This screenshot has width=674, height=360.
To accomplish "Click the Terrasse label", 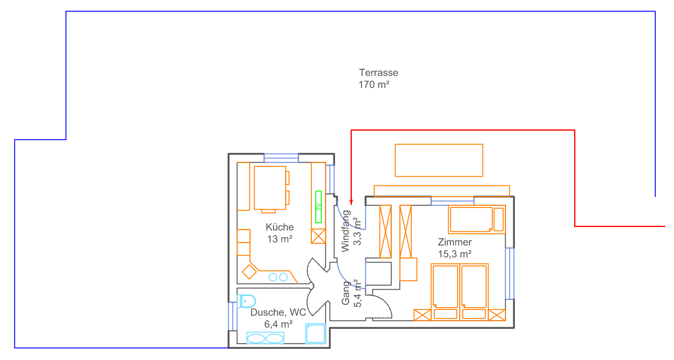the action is [379, 72].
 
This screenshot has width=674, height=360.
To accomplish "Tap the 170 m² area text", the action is [374, 85].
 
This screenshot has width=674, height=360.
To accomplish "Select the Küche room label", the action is [279, 227].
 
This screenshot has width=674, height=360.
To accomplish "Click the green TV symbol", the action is [318, 207].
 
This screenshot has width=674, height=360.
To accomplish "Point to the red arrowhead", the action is [351, 202].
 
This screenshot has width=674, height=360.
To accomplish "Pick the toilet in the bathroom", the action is [246, 301].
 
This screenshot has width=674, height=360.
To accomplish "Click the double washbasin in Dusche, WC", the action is [265, 338].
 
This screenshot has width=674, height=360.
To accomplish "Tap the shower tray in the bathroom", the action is [315, 334].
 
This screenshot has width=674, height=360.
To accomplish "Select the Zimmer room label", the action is [455, 242].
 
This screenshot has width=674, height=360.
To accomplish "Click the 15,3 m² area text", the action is [455, 254].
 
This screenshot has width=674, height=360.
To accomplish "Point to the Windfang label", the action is [345, 231].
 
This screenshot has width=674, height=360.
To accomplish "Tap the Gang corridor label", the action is [345, 293].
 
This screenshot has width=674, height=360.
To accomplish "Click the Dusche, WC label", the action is [278, 312].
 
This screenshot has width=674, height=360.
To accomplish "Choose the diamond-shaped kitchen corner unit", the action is [249, 272].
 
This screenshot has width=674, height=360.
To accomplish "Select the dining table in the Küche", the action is [270, 188].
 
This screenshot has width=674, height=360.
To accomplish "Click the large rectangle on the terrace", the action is [439, 160].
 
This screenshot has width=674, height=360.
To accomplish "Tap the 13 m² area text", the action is [279, 239].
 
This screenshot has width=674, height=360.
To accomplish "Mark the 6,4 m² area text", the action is [278, 324].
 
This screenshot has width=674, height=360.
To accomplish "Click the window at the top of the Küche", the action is [281, 158].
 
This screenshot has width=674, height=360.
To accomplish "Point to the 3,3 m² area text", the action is [357, 231].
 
